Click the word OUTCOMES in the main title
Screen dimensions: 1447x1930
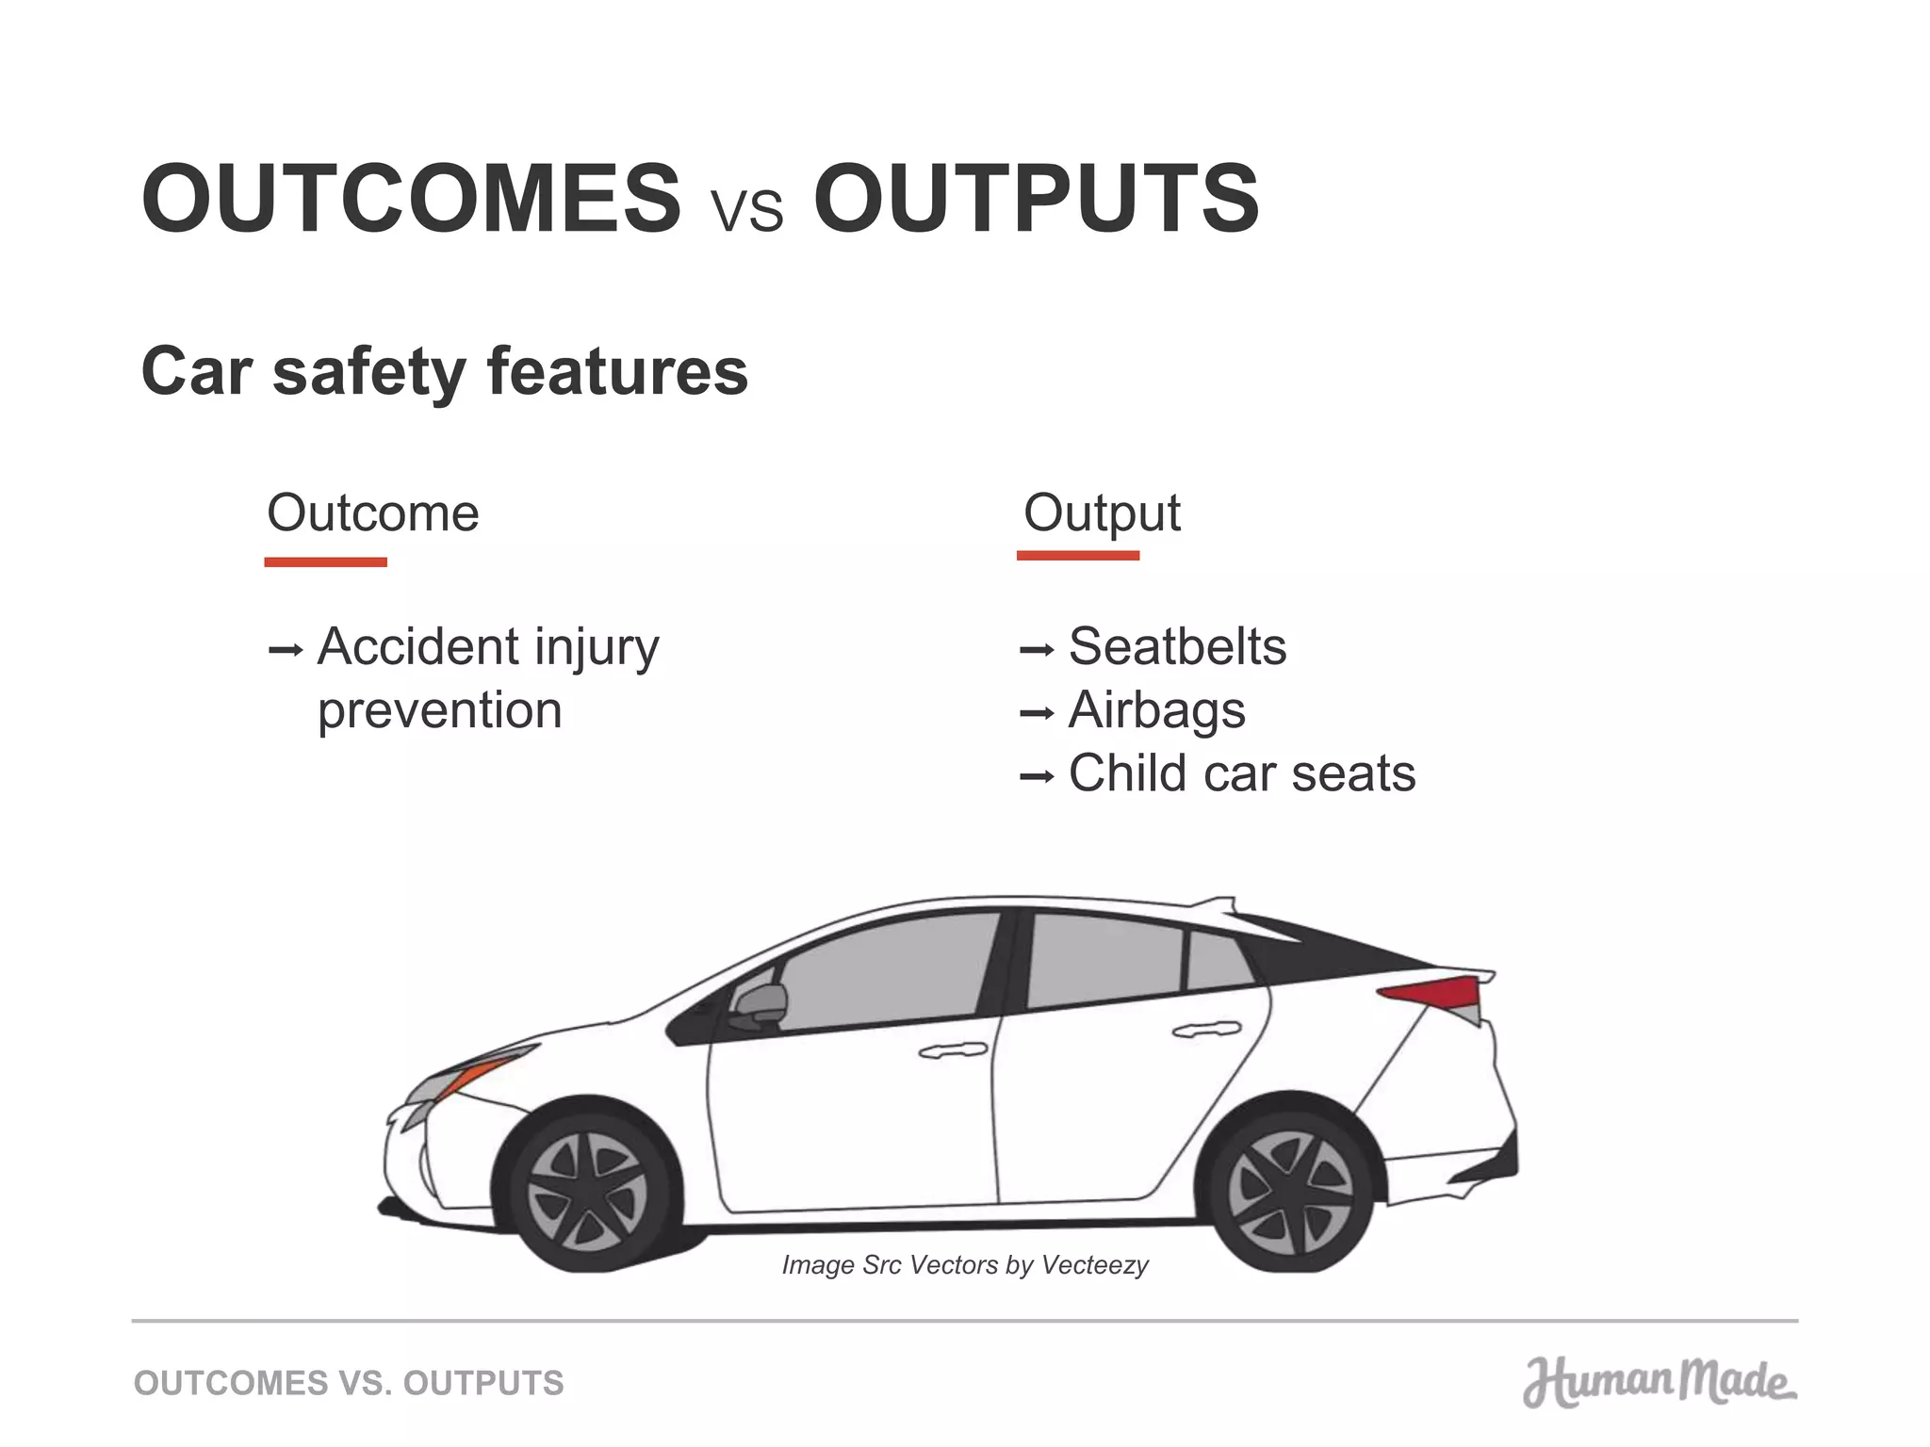tap(411, 200)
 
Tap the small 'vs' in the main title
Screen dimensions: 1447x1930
tap(747, 209)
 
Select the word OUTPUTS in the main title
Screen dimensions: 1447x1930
tap(1036, 200)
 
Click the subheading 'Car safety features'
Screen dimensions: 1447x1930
tap(444, 371)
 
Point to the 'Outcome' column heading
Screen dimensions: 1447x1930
tap(373, 513)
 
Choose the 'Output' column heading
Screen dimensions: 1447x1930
tap(1102, 514)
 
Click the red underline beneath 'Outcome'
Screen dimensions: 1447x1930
tap(325, 562)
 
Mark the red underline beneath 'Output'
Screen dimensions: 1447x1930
tap(1078, 556)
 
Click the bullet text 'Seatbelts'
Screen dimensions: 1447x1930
tap(1177, 647)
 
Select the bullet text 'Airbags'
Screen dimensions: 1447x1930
tap(1156, 710)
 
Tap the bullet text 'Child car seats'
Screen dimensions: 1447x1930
tap(1241, 773)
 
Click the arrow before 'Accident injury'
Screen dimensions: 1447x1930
tap(285, 650)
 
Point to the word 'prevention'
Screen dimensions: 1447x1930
tap(439, 711)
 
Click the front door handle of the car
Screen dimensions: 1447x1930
tap(953, 1049)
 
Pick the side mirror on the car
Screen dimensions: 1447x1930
tap(760, 1006)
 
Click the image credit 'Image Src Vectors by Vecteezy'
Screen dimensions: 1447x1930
tap(965, 1265)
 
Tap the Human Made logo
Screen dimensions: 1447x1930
tap(1659, 1383)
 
